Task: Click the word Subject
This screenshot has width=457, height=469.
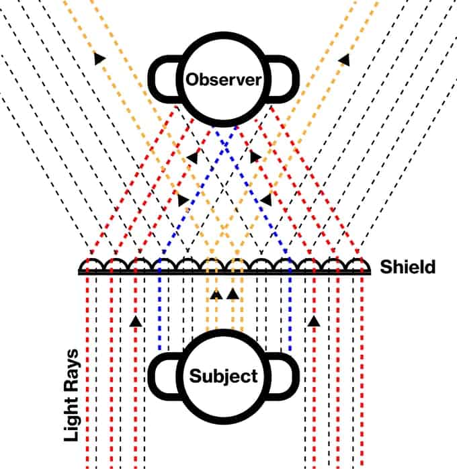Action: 224,376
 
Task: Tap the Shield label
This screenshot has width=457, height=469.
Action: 407,267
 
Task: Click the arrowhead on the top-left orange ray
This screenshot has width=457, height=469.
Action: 100,59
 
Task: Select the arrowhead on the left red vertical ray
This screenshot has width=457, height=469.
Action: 136,321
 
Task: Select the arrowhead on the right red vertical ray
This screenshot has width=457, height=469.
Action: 313,321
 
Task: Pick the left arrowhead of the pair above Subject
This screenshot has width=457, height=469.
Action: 216,293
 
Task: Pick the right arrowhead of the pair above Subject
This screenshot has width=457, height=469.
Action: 232,293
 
